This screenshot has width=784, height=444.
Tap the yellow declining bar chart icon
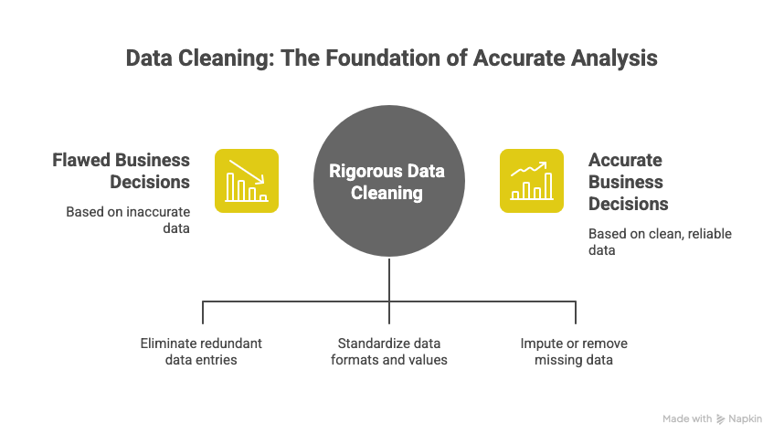click(x=247, y=181)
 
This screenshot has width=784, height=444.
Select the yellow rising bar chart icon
click(x=532, y=181)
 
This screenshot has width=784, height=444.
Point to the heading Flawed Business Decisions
click(x=121, y=171)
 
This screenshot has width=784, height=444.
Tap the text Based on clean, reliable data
click(x=660, y=242)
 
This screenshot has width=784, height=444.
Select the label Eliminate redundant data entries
click(x=201, y=352)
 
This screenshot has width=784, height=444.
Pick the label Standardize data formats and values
click(x=389, y=352)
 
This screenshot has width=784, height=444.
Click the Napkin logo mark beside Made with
click(x=722, y=418)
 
